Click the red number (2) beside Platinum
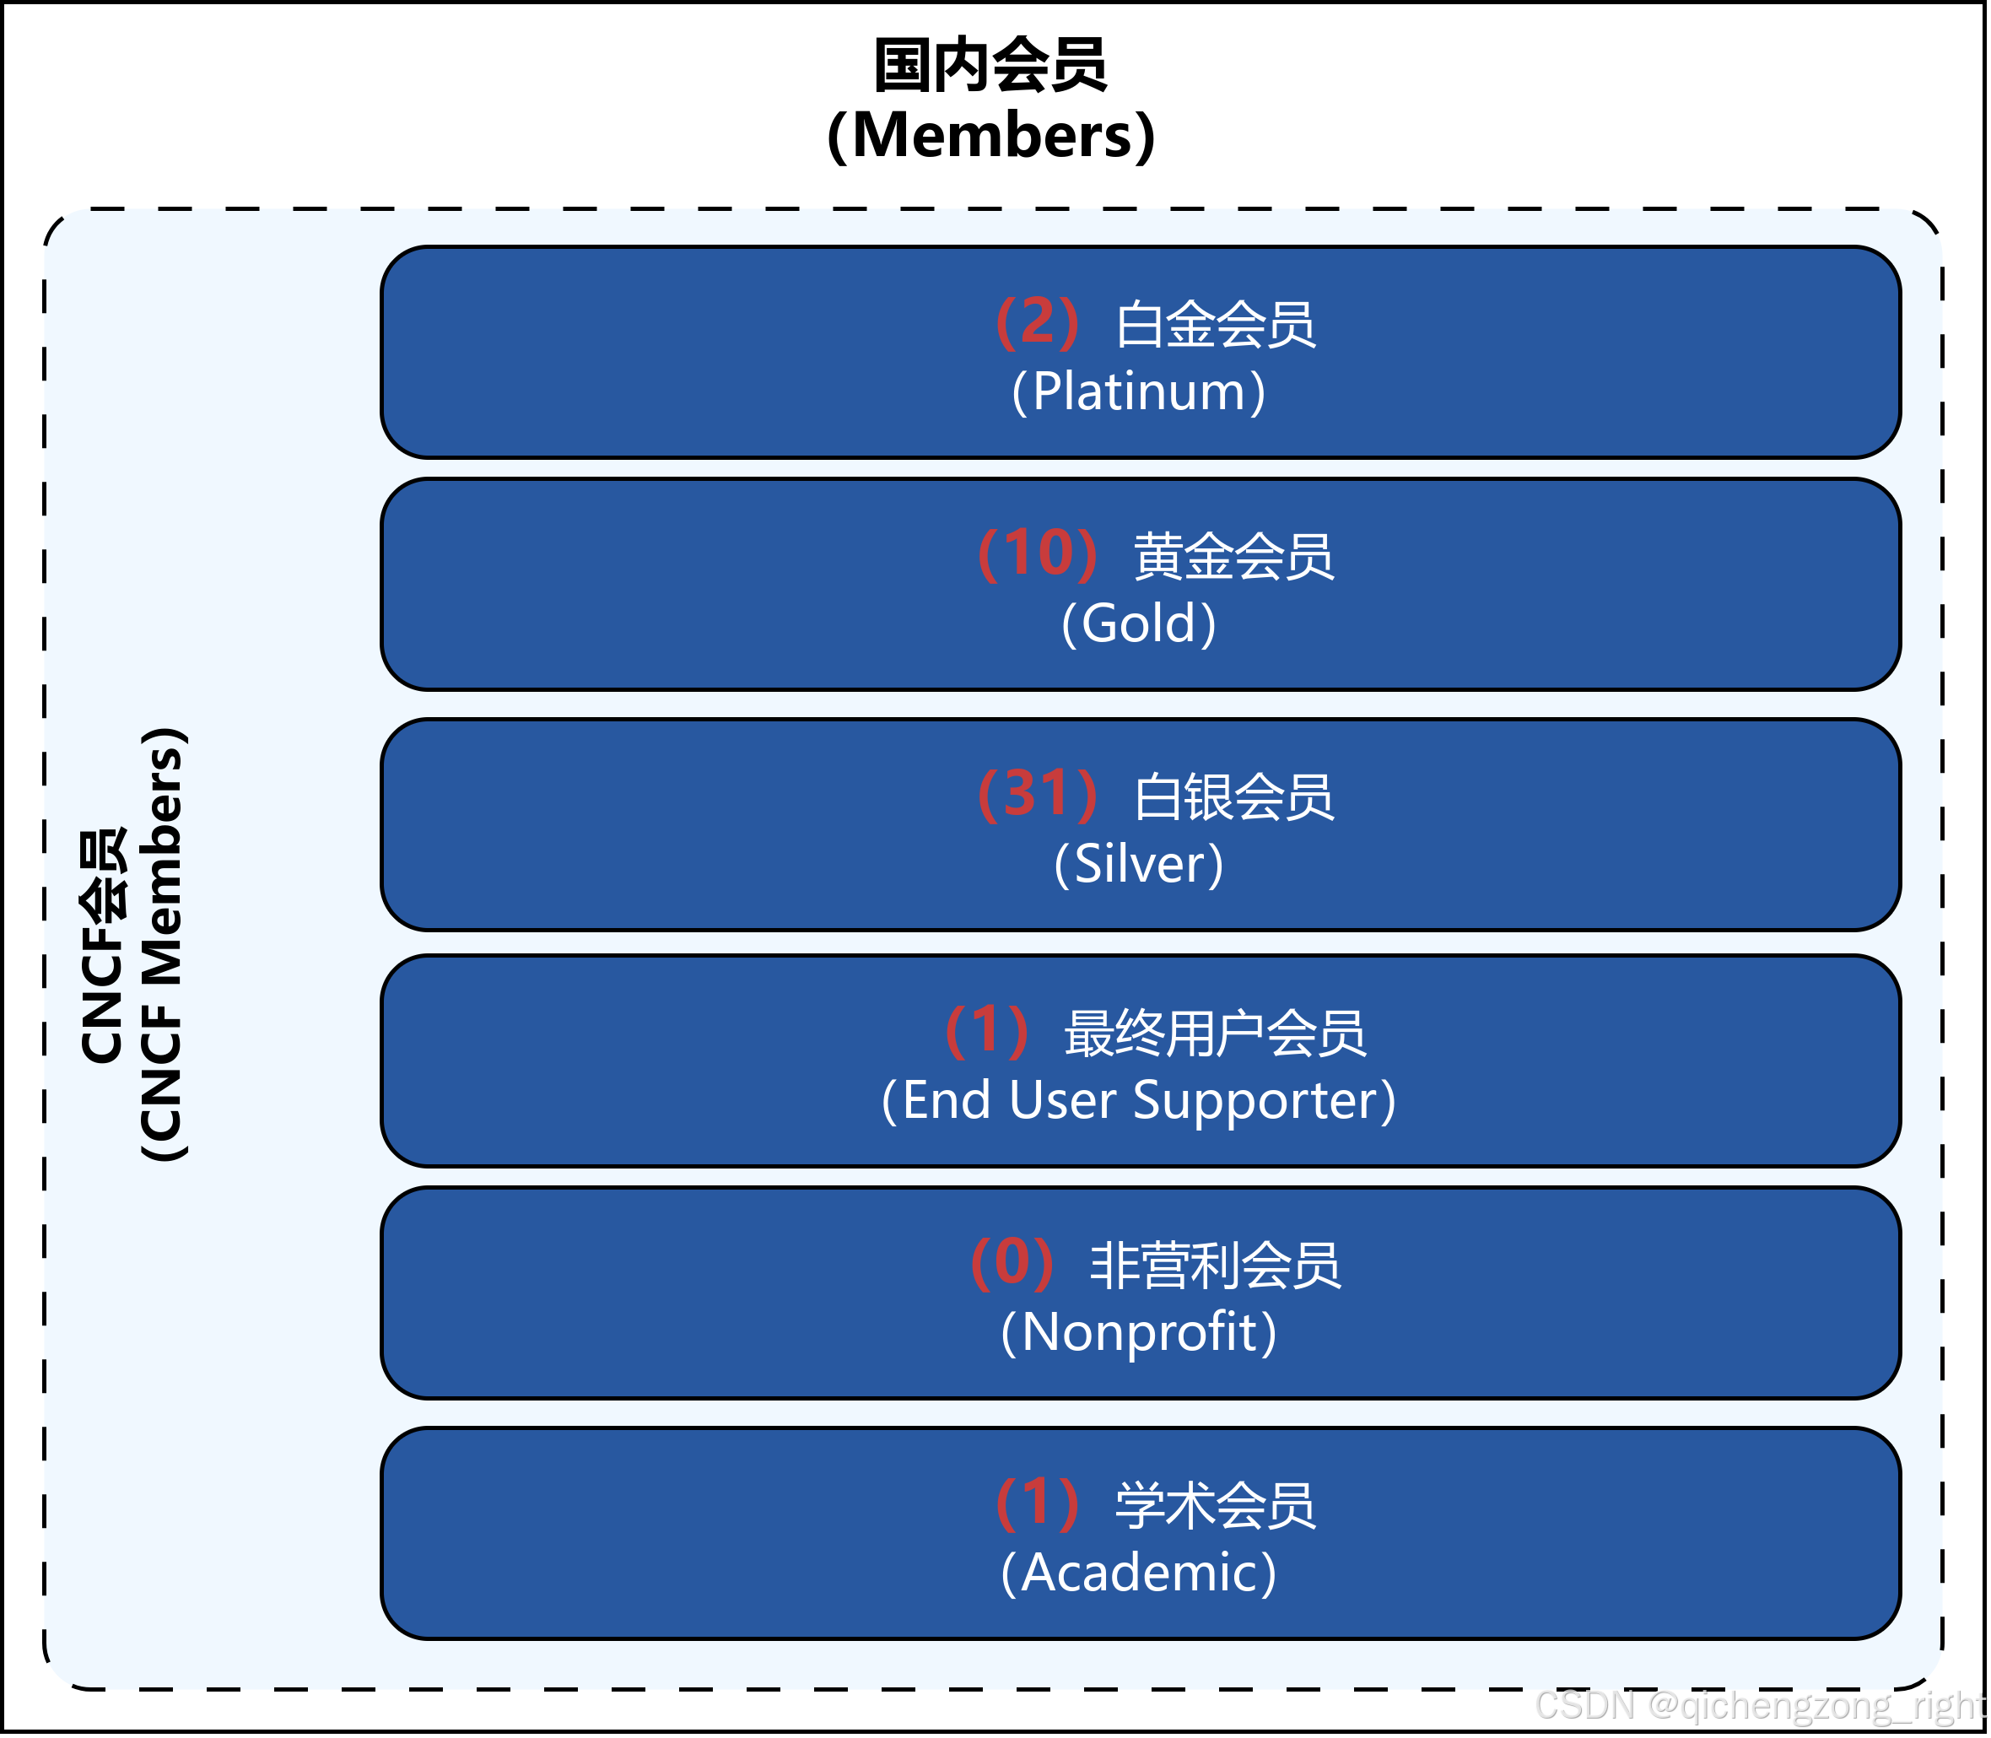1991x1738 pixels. click(1037, 322)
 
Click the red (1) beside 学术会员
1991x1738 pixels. click(1037, 1503)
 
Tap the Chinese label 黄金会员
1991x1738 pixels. click(1233, 557)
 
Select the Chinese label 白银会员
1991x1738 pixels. click(1233, 797)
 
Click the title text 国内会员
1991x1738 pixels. click(990, 66)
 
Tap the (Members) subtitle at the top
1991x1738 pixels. click(990, 135)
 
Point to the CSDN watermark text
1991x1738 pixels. click(1759, 1705)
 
